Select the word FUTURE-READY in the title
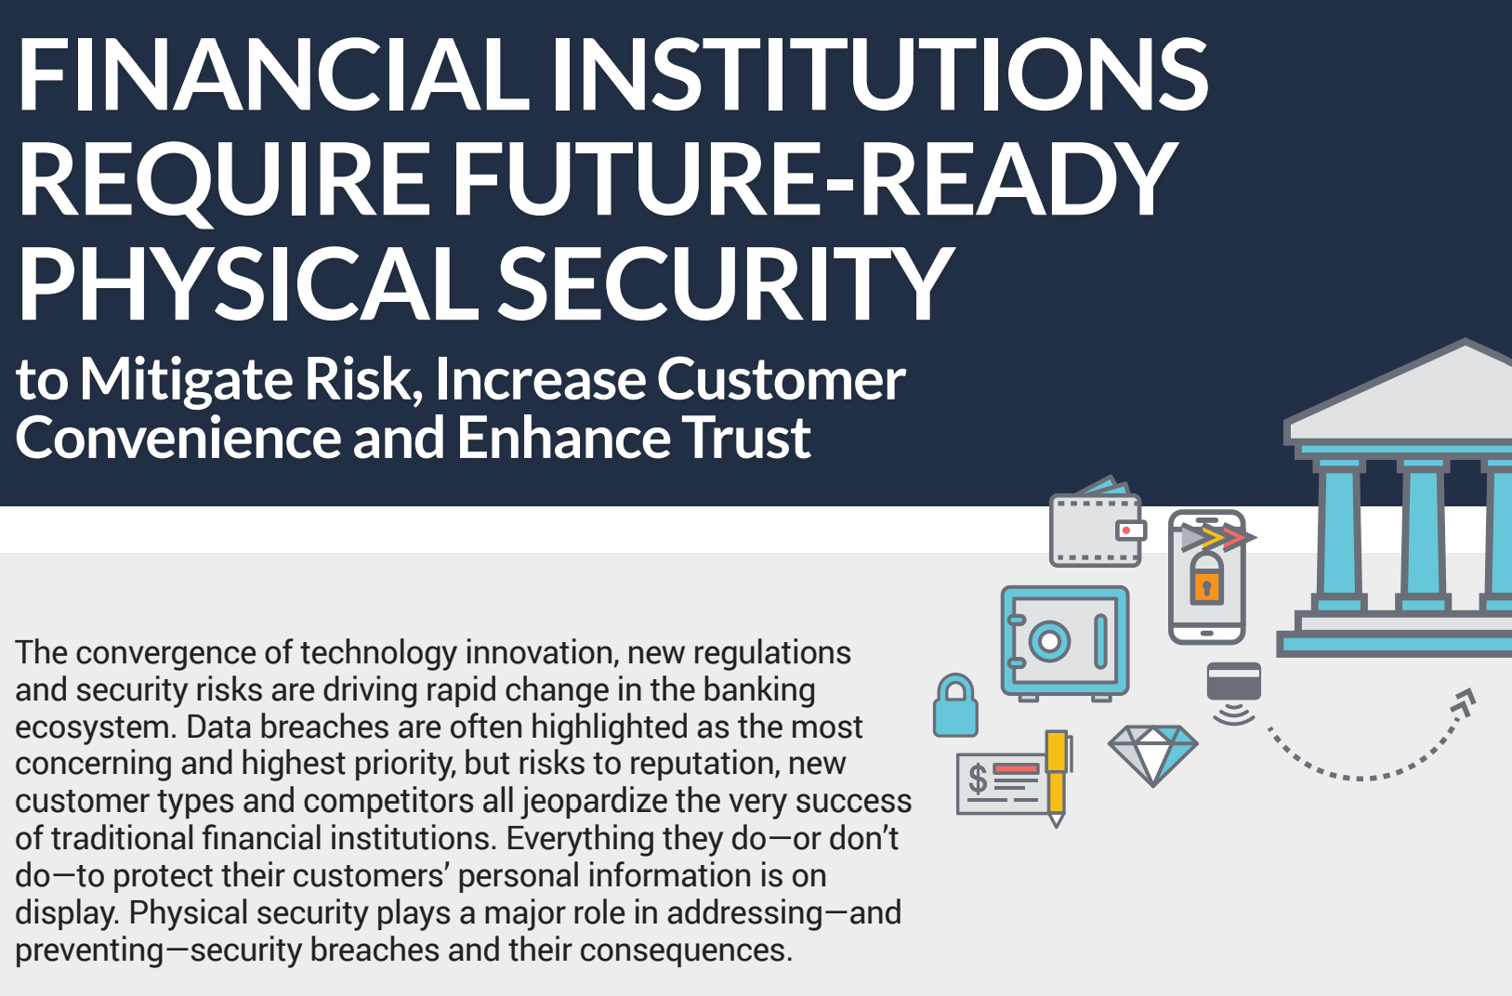(x=813, y=178)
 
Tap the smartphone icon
(x=1207, y=577)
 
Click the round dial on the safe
(x=1049, y=640)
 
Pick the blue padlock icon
(x=955, y=705)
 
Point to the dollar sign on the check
(x=978, y=779)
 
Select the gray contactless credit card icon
(x=1234, y=682)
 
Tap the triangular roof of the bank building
(x=1398, y=391)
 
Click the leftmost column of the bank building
(x=1339, y=533)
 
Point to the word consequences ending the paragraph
(x=686, y=950)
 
